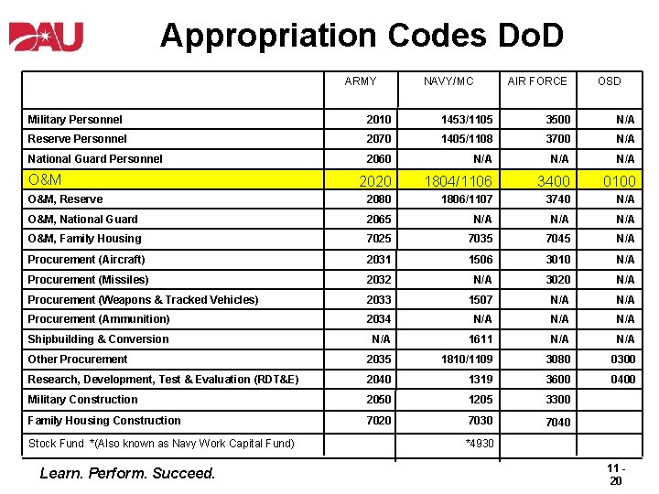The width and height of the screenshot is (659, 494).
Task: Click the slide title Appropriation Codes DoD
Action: [x=362, y=36]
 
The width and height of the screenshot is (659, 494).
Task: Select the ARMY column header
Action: [x=361, y=81]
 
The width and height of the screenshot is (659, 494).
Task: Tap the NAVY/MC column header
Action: [x=448, y=81]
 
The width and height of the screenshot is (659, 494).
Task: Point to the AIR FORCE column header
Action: [x=537, y=81]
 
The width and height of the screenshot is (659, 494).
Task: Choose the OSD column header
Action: [x=609, y=81]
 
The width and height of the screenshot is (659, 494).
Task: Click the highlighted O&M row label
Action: [x=45, y=180]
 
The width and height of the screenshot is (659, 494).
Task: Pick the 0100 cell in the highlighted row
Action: [x=619, y=181]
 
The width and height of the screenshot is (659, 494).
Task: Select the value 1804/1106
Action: [x=457, y=181]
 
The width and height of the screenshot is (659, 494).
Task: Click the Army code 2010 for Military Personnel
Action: [x=378, y=120]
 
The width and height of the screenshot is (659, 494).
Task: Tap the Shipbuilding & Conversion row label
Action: [x=98, y=339]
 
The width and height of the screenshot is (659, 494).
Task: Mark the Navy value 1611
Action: [x=481, y=339]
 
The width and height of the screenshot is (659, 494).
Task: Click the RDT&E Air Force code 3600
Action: [x=557, y=380]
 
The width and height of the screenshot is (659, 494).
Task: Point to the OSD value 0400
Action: [x=622, y=380]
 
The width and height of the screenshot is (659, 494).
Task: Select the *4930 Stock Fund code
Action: [x=480, y=444]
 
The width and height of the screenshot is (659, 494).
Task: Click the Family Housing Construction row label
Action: [x=104, y=421]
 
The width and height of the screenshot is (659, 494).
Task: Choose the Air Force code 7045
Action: [x=557, y=239]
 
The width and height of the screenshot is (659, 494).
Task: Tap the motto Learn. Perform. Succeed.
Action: [x=127, y=473]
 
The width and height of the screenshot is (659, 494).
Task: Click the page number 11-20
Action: [x=616, y=474]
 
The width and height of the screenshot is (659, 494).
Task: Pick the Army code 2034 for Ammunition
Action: [x=378, y=319]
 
